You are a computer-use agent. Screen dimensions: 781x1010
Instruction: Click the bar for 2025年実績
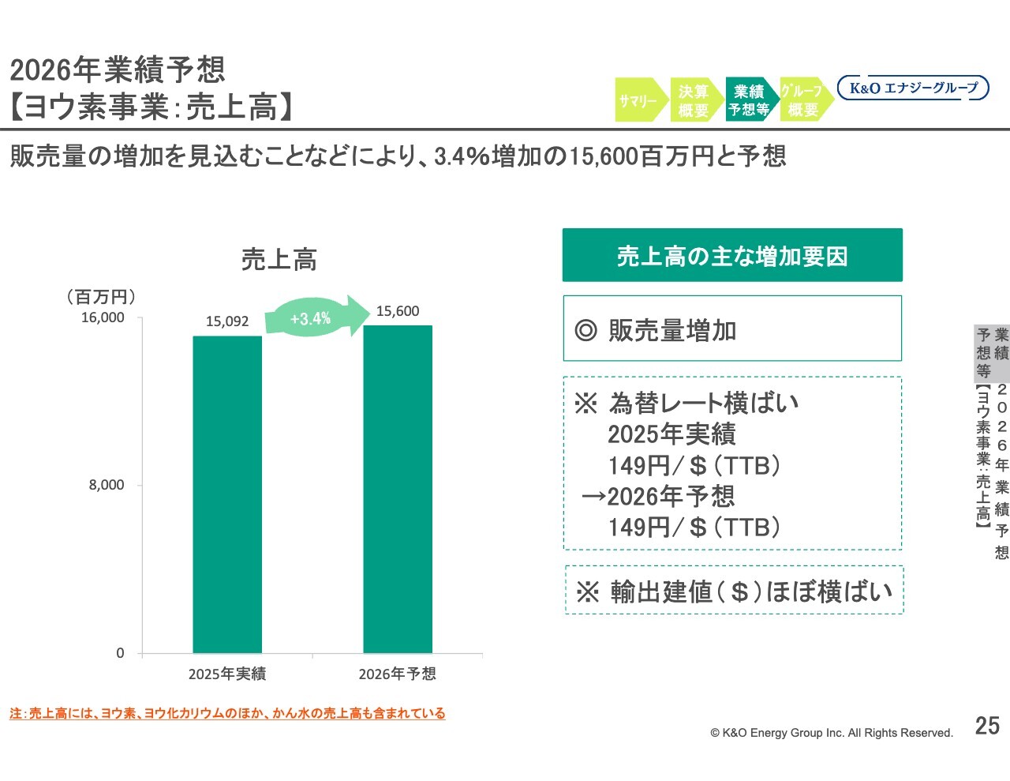[x=227, y=494]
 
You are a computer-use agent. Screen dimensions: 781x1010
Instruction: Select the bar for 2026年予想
[x=398, y=489]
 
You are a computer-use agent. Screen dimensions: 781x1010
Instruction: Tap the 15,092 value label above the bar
[x=227, y=321]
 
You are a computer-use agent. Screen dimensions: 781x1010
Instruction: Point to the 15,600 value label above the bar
[x=398, y=311]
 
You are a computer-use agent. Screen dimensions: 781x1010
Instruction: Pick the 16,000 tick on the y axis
[x=103, y=317]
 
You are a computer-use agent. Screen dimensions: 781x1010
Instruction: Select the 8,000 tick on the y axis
[x=107, y=485]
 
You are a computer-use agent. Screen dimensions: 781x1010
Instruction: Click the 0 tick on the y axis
[x=120, y=653]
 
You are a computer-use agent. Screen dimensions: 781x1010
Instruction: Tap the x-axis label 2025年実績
[x=227, y=674]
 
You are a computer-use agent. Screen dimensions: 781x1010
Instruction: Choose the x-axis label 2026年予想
[x=398, y=674]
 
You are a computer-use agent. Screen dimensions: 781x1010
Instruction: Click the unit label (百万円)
[x=101, y=297]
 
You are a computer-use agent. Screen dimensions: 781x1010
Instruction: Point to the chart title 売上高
[x=279, y=259]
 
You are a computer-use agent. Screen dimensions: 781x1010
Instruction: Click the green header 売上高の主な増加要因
[x=732, y=255]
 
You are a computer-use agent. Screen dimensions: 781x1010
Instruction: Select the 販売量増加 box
[x=732, y=329]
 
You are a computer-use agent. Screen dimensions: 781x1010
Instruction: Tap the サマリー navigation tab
[x=639, y=100]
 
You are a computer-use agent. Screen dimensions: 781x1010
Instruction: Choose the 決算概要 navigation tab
[x=694, y=100]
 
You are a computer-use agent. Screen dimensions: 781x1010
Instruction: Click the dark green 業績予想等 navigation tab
[x=749, y=100]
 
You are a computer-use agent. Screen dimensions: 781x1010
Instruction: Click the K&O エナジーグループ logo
[x=913, y=88]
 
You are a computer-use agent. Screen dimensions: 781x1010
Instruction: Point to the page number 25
[x=987, y=726]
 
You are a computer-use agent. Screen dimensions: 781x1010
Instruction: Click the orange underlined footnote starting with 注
[x=227, y=713]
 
